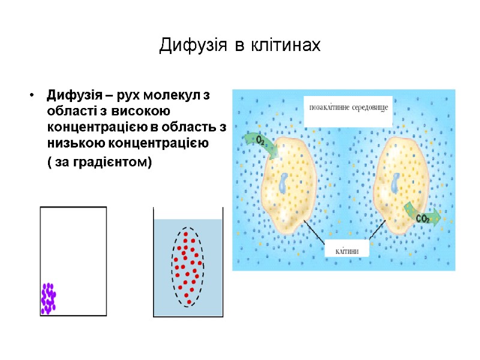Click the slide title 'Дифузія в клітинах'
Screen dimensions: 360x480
pos(240,46)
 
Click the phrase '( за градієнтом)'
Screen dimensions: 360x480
pos(100,163)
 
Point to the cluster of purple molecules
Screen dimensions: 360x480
pos(48,298)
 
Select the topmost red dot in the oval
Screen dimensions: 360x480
pos(186,235)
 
